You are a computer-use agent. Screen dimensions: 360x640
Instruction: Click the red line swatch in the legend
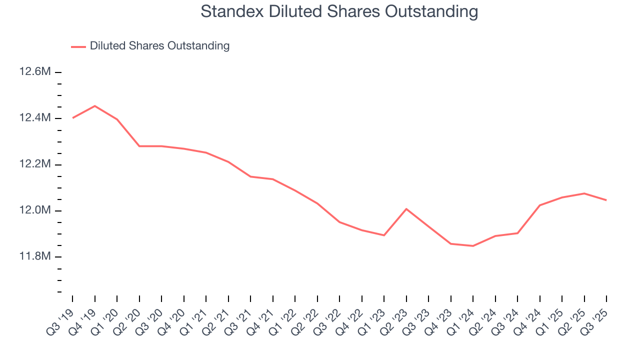pyautogui.click(x=78, y=46)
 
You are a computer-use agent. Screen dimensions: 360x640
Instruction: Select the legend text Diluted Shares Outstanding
pyautogui.click(x=159, y=46)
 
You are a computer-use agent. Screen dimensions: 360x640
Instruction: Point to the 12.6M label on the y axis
pyautogui.click(x=35, y=72)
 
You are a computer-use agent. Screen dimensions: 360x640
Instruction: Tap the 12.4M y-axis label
pyautogui.click(x=35, y=118)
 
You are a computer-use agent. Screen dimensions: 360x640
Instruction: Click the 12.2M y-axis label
pyautogui.click(x=35, y=164)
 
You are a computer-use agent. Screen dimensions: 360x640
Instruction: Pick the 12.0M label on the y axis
pyautogui.click(x=35, y=210)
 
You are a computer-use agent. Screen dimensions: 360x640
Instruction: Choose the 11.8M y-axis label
pyautogui.click(x=35, y=256)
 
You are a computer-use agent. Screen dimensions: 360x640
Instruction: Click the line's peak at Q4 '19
pyautogui.click(x=94, y=106)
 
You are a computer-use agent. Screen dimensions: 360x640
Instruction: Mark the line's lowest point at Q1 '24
pyautogui.click(x=473, y=246)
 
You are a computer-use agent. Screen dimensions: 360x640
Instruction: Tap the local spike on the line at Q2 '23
pyautogui.click(x=406, y=208)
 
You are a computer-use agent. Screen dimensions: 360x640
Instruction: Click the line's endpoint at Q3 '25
pyautogui.click(x=606, y=200)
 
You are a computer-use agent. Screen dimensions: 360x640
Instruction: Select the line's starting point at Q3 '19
pyautogui.click(x=72, y=118)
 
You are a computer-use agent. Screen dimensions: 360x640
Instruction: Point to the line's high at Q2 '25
pyautogui.click(x=584, y=193)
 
